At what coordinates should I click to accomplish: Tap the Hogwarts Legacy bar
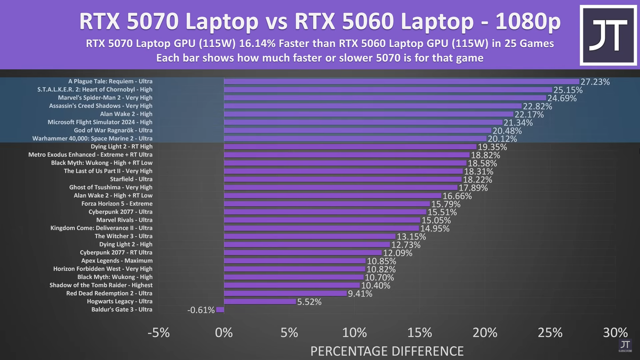[x=260, y=301]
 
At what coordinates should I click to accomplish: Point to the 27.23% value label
[x=595, y=82]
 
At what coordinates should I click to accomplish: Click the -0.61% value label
[x=201, y=310]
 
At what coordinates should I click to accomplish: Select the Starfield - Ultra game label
[x=131, y=179]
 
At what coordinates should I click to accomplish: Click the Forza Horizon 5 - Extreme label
[x=117, y=204]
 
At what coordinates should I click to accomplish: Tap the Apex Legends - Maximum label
[x=116, y=261]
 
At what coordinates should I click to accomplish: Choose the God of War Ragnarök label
[x=113, y=130]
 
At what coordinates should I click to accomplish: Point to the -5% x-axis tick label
[x=158, y=332]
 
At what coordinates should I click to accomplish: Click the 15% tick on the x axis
[x=420, y=332]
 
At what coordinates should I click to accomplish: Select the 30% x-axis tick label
[x=615, y=332]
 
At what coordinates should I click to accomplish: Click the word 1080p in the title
[x=526, y=22]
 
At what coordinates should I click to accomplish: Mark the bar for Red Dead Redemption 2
[x=285, y=293]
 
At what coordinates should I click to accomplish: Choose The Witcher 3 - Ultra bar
[x=310, y=236]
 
